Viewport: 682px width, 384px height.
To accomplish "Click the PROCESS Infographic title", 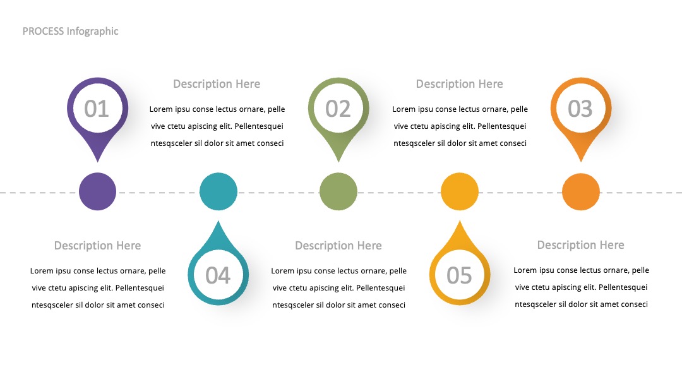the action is point(71,32).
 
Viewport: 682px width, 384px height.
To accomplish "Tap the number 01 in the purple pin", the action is point(97,109).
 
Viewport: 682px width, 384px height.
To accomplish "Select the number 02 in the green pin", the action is point(338,109).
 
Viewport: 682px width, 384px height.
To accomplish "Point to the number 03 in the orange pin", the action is point(580,109).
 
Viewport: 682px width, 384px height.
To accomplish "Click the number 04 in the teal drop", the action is point(218,275).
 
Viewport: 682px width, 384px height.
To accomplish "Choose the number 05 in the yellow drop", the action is point(459,275).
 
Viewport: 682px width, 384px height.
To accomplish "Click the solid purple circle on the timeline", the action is point(97,192).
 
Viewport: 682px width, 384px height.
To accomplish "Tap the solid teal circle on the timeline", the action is point(218,192).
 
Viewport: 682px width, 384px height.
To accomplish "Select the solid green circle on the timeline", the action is point(338,192).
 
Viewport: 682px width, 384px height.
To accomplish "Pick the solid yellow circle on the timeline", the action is point(460,192).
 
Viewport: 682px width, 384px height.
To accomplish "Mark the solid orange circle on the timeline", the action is point(581,192).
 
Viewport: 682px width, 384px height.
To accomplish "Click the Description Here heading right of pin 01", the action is point(217,84).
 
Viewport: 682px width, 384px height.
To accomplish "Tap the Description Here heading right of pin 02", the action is point(459,84).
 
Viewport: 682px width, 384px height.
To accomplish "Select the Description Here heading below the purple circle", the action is point(97,246).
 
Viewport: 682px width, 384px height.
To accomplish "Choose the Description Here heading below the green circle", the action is point(338,246).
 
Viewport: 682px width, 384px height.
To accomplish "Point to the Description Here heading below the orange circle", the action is point(581,245).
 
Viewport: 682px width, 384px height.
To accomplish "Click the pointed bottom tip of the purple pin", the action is point(97,162).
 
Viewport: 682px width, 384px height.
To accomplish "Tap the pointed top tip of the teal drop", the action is point(218,221).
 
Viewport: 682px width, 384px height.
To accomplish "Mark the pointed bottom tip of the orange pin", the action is point(581,162).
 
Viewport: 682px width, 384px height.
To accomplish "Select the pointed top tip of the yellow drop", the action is point(460,221).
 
